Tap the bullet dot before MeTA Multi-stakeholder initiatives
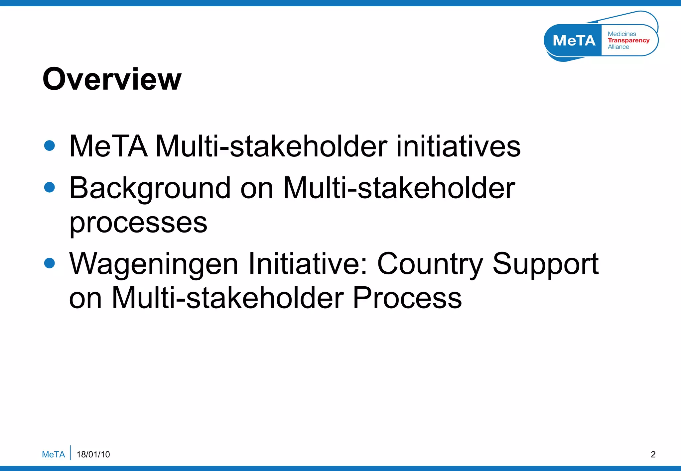(50, 145)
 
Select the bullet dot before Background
(50, 187)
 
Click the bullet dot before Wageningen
(50, 263)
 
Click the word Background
(150, 189)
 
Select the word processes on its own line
(138, 223)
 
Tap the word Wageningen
(154, 264)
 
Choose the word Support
(545, 264)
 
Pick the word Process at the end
(407, 298)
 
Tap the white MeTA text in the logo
(574, 41)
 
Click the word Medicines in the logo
(622, 34)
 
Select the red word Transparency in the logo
(628, 40)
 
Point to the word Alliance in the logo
(618, 47)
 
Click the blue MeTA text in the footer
(53, 454)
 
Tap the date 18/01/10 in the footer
(93, 454)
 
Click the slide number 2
(653, 454)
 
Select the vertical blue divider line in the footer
(70, 453)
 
